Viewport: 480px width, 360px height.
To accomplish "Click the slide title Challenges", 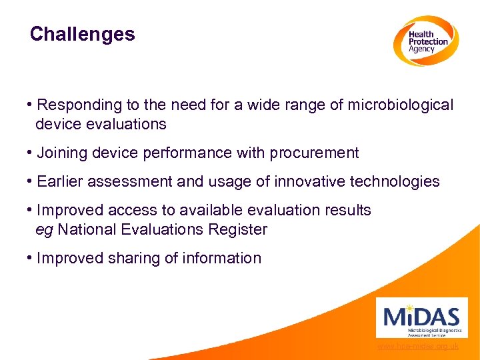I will tap(82, 34).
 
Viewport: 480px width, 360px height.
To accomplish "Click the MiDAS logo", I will tap(417, 317).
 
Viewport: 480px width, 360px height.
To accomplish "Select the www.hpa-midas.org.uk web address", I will tap(418, 347).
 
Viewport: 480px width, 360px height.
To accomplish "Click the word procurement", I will tap(314, 153).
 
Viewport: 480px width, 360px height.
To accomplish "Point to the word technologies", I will tap(399, 181).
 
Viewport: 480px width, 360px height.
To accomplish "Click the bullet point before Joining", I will tap(31, 153).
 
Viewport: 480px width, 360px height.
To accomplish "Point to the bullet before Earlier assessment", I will tap(31, 181).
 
